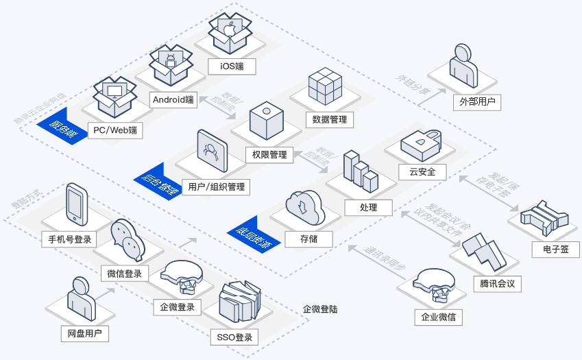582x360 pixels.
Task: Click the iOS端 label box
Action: pos(231,67)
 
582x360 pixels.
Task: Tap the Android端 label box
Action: pos(173,99)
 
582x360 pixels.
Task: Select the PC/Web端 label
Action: pos(115,130)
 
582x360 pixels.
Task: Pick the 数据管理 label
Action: pos(329,119)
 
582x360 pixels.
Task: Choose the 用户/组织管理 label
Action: pos(215,187)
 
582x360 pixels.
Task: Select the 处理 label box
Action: pos(368,206)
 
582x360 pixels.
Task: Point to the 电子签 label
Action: pos(555,249)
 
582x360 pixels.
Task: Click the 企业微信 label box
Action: pos(439,317)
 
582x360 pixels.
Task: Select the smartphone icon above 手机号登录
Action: pos(77,206)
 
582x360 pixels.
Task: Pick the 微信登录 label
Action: pos(125,274)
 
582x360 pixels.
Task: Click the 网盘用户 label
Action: pos(84,334)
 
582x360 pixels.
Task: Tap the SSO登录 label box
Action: pos(235,337)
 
